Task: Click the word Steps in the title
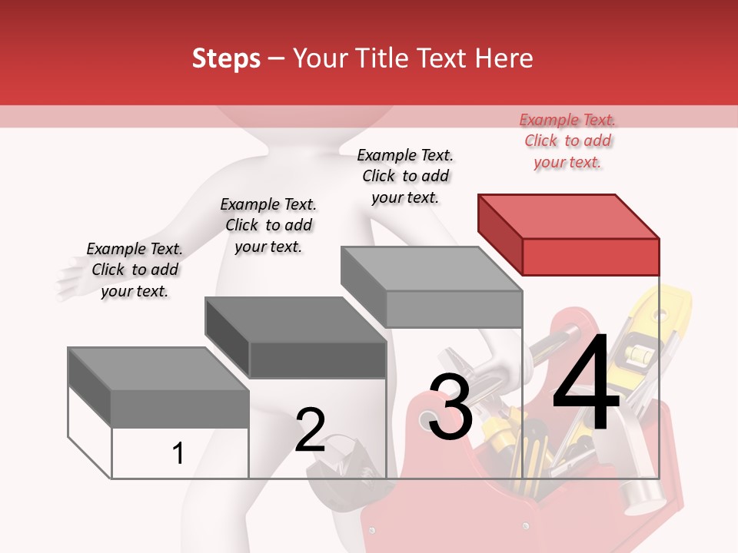tap(226, 58)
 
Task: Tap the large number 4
tap(586, 384)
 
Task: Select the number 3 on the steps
tap(450, 407)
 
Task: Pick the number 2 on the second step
tap(310, 430)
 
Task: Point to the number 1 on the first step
tap(178, 453)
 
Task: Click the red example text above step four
tap(567, 141)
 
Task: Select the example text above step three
tap(405, 176)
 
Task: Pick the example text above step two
tap(268, 225)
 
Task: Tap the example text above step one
tap(135, 270)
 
